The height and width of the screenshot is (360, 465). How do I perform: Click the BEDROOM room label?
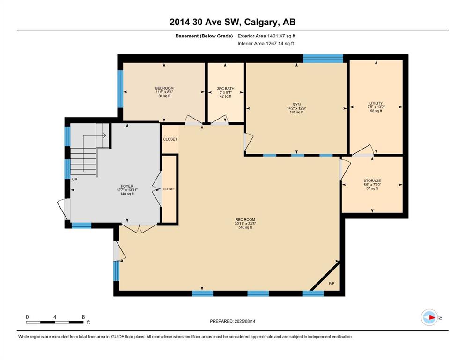coord(164,88)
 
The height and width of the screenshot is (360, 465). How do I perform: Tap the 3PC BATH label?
coord(226,89)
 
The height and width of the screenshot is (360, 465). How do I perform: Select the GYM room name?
coord(296,105)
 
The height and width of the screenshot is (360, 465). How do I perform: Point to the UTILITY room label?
coord(376,103)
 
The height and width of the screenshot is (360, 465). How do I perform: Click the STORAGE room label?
coord(372,181)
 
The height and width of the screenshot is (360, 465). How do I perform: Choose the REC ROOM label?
coord(245,220)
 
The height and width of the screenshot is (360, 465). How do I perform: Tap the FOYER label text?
coord(127,186)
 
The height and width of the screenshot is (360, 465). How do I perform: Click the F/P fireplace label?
coord(332,284)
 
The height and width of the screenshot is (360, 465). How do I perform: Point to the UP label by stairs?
coord(74,180)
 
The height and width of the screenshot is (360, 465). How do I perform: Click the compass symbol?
coord(429,317)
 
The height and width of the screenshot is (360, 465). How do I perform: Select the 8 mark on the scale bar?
coord(83,317)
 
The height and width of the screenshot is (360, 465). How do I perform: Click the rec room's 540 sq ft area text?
coord(245,227)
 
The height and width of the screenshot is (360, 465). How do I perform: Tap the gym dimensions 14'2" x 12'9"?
coord(296,108)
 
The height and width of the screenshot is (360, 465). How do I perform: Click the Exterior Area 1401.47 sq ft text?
coord(266,36)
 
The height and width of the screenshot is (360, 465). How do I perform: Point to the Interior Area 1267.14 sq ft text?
coord(266,43)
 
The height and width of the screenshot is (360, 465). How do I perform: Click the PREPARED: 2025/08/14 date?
coord(232,321)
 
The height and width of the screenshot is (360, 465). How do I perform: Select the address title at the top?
coord(232,22)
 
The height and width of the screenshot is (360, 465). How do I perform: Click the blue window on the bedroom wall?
coord(120,89)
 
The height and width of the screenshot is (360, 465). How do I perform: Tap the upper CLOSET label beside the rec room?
coord(170,139)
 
